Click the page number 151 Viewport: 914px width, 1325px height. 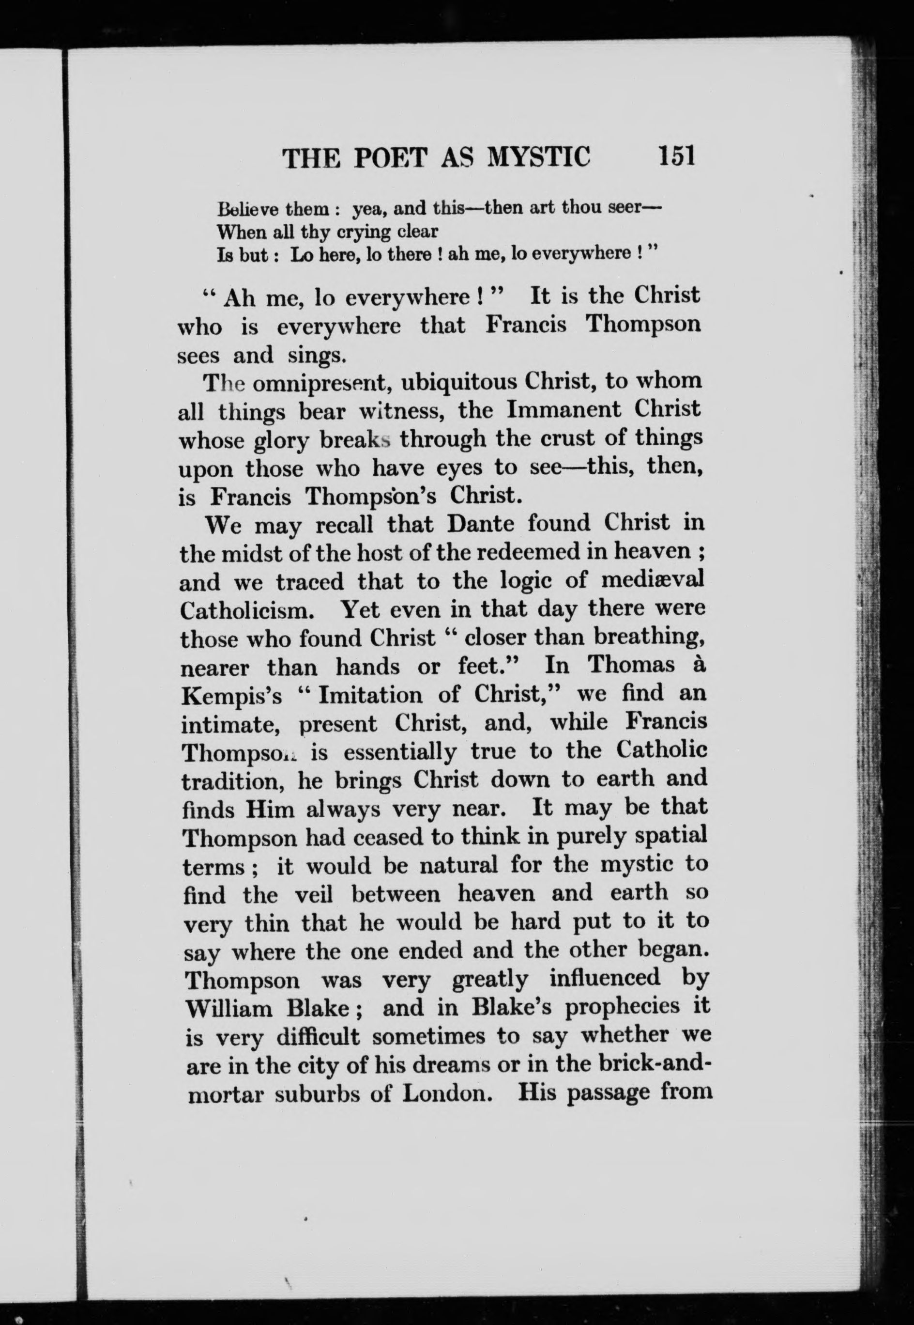(676, 156)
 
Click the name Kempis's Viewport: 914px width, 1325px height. (232, 696)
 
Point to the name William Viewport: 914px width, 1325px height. (229, 1008)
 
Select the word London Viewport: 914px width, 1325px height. (447, 1094)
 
